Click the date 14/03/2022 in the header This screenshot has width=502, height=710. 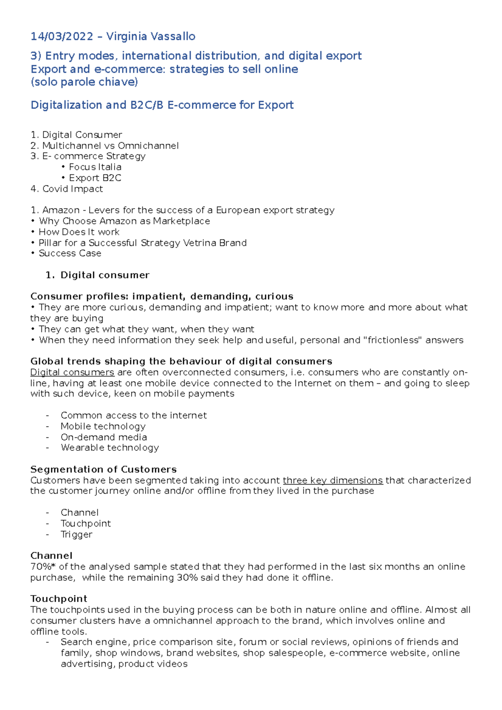click(x=61, y=37)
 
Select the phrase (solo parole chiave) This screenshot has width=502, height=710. click(x=84, y=82)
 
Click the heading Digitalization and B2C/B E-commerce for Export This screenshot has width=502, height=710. click(x=162, y=105)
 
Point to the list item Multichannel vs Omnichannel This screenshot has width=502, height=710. click(x=110, y=146)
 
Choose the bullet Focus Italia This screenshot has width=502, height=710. click(x=95, y=167)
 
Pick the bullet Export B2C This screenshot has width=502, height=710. click(x=95, y=178)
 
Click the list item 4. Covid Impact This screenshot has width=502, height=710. click(x=67, y=189)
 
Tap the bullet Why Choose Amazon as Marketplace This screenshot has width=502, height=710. click(x=124, y=221)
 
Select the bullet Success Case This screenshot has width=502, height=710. click(x=70, y=253)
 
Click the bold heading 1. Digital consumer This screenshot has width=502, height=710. click(x=97, y=275)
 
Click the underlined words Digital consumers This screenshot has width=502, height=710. click(x=72, y=372)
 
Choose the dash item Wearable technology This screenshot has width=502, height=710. click(x=110, y=448)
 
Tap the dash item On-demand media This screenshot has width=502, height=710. click(x=104, y=437)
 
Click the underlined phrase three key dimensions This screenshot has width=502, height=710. click(x=333, y=480)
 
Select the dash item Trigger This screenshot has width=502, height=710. click(x=76, y=534)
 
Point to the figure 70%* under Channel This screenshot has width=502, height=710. click(x=43, y=567)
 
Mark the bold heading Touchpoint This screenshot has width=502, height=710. click(x=59, y=599)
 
